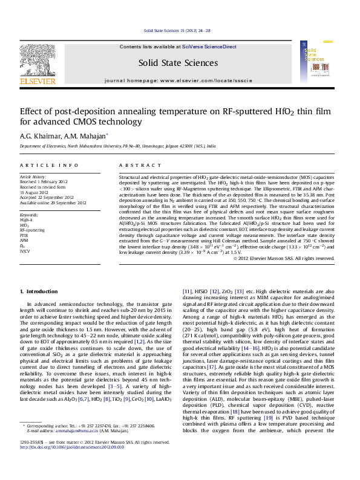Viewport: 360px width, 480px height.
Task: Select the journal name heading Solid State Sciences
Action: pos(178,62)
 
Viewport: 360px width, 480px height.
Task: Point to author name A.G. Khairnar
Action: pos(38,136)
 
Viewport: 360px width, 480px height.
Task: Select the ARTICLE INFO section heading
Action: pos(48,165)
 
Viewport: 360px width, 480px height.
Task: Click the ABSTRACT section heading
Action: pos(132,165)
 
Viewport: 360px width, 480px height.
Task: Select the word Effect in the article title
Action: pos(32,111)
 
